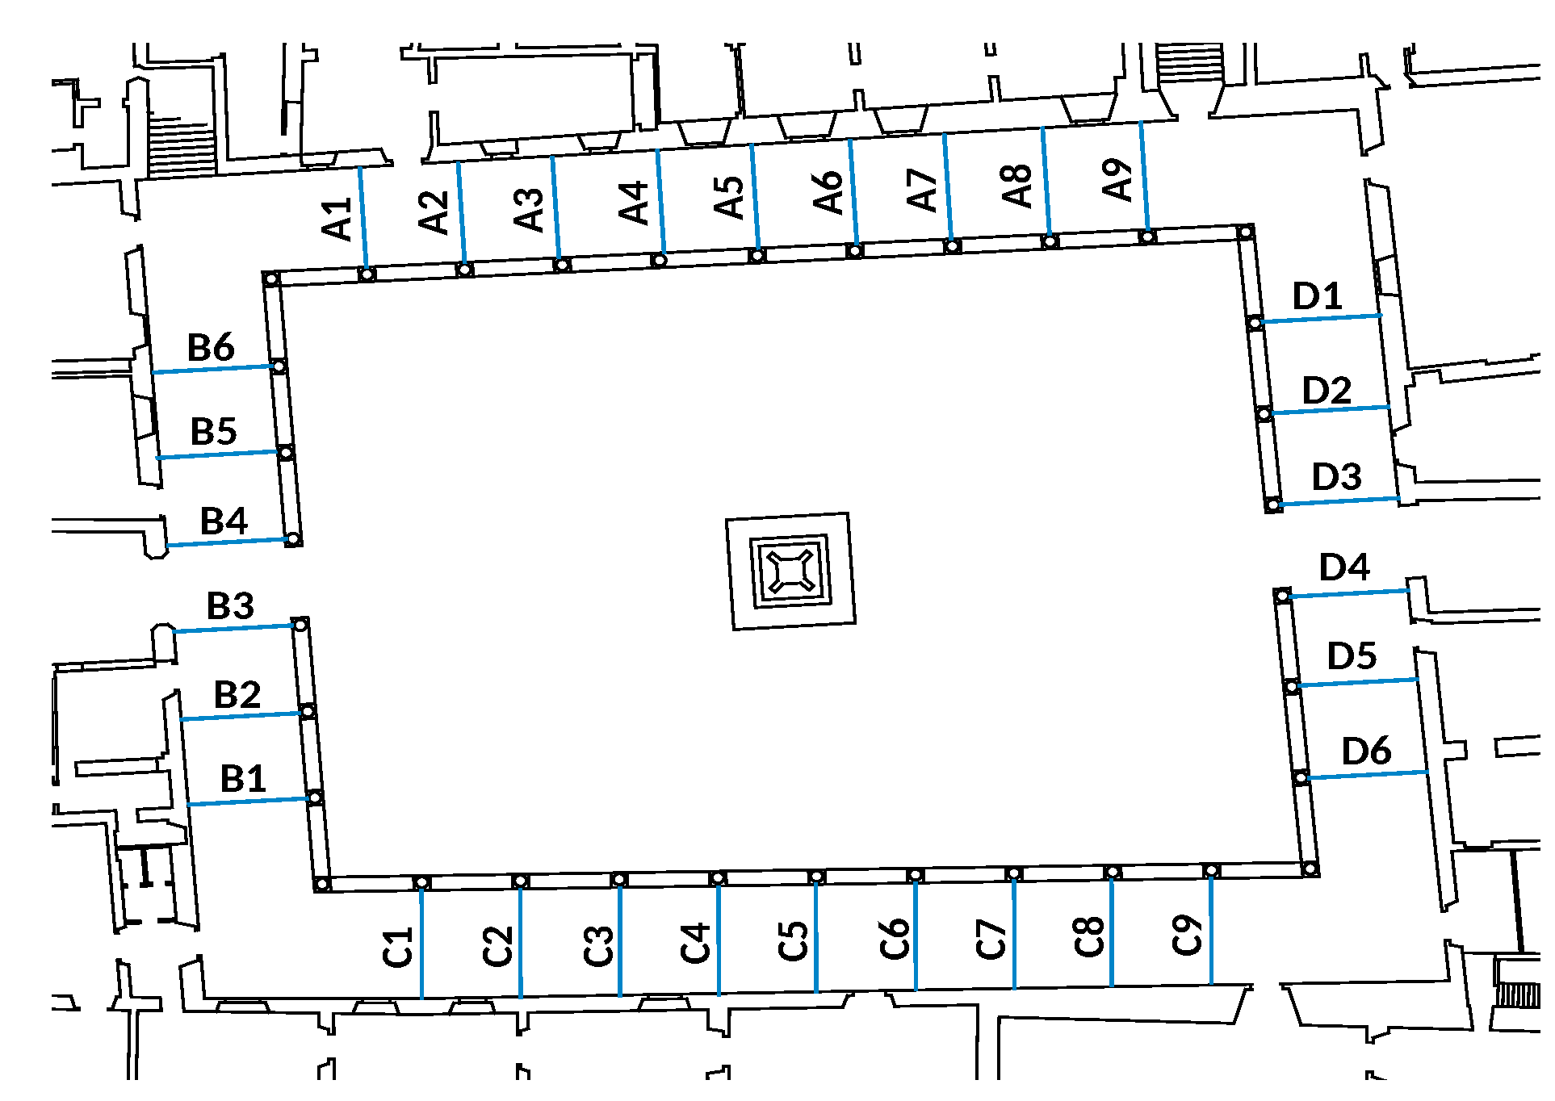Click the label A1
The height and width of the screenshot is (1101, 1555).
click(337, 220)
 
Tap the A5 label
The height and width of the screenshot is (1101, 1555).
click(729, 198)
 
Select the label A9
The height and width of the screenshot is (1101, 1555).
click(1117, 179)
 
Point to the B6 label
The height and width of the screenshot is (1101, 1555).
click(211, 348)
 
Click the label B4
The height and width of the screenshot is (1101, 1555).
click(224, 521)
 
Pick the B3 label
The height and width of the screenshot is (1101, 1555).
click(231, 605)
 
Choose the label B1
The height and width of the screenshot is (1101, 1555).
click(243, 779)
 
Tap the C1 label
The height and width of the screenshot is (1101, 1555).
click(398, 948)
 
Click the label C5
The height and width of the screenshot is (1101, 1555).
click(794, 941)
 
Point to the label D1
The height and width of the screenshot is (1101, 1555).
click(1317, 296)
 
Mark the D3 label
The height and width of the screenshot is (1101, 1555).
click(1336, 477)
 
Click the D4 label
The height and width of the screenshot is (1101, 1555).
click(1344, 567)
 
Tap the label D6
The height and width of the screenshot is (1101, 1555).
click(1366, 751)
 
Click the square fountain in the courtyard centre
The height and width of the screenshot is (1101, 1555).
click(790, 571)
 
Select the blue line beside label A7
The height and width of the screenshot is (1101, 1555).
click(948, 187)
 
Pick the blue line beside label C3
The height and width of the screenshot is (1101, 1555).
click(619, 940)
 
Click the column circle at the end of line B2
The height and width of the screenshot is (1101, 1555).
click(307, 711)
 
